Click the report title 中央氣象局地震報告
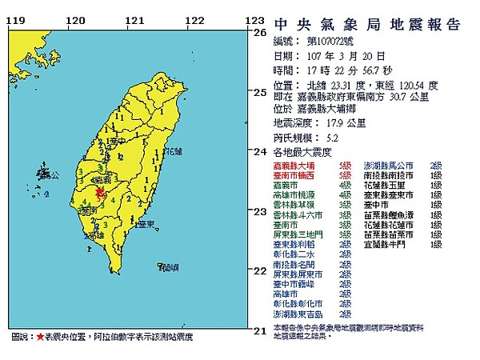[368, 24]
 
